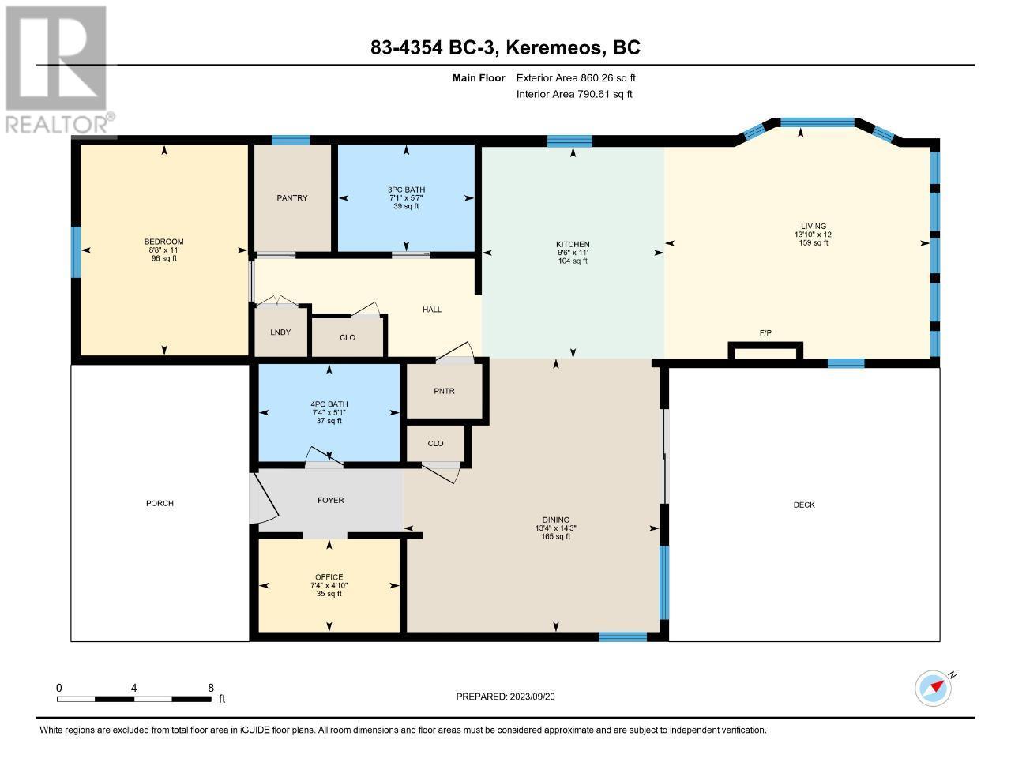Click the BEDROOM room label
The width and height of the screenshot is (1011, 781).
163,242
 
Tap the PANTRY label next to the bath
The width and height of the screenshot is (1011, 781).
292,197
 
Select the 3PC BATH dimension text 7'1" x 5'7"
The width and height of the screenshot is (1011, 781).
406,197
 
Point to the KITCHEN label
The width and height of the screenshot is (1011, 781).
573,244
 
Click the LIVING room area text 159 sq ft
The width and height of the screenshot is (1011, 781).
814,242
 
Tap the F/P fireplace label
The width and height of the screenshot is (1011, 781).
765,332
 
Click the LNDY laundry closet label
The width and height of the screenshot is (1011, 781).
280,332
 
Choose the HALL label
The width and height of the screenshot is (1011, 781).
432,310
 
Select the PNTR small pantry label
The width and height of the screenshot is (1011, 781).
444,391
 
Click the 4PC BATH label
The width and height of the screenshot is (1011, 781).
329,404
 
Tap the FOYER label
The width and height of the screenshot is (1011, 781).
331,500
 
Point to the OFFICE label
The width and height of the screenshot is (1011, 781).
329,576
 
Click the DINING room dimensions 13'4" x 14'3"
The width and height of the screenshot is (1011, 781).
555,528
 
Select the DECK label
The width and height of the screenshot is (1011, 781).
804,505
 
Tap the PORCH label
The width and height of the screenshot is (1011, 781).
160,503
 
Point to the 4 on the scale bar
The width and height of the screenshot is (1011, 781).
134,688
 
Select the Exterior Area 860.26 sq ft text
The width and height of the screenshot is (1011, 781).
576,78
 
